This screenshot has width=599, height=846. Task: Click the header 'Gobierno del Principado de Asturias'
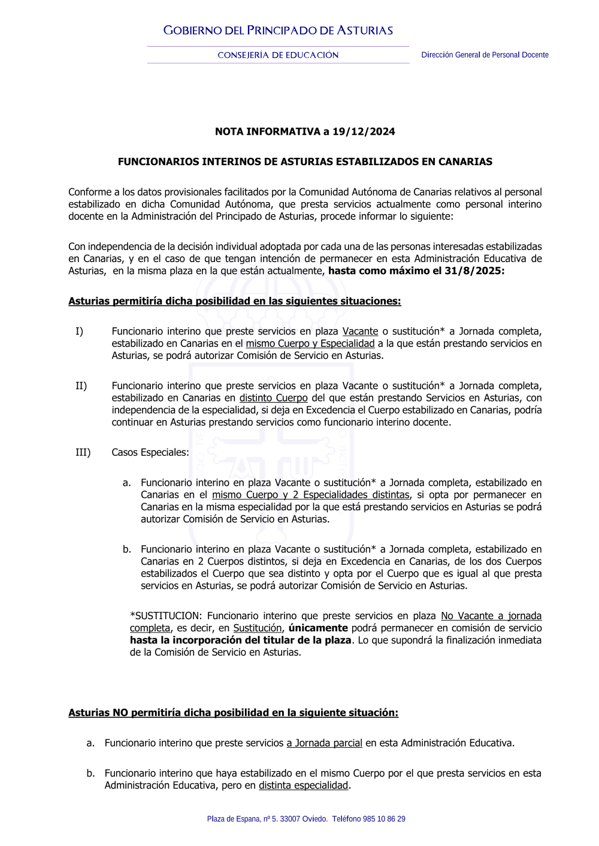point(278,31)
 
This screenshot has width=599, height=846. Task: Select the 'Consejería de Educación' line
point(278,55)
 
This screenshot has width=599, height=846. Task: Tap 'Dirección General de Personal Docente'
point(485,55)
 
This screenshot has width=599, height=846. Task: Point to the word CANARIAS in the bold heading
point(465,162)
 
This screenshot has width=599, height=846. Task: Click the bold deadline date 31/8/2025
point(471,271)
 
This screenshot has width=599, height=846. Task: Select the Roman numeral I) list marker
point(79,331)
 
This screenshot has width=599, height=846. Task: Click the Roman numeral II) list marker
point(81,386)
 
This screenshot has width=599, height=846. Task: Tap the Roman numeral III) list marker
point(83,452)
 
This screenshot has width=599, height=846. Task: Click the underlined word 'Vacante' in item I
point(360,331)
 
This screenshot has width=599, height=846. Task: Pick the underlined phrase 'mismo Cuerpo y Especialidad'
point(310,343)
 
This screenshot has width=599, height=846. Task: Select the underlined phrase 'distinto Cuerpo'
point(273,398)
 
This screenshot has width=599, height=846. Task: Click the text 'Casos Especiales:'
point(150,452)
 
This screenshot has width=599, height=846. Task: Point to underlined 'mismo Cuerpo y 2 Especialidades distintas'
point(310,495)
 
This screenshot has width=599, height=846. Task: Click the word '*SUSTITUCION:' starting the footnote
point(166,616)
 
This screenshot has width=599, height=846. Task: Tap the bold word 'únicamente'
point(317,628)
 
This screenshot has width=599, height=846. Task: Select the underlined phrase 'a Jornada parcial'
point(324,743)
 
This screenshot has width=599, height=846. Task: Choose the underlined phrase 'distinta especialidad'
point(303,785)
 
